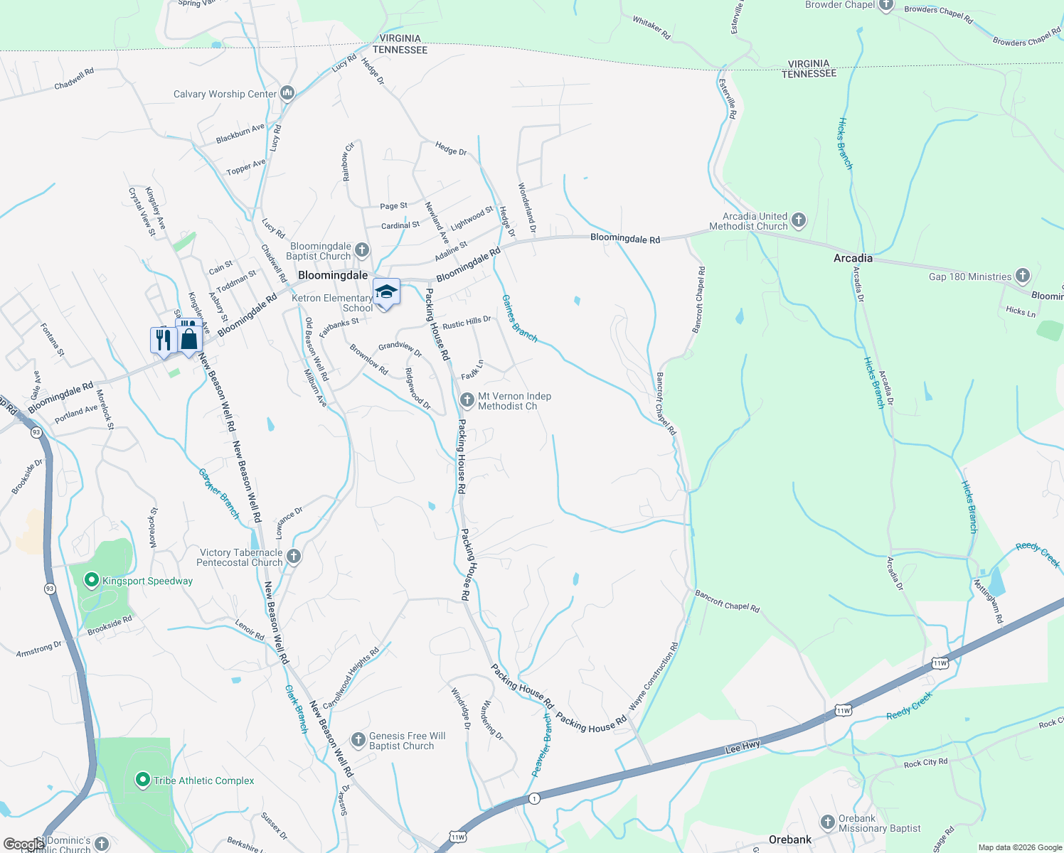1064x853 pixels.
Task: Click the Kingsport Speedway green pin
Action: [x=91, y=581]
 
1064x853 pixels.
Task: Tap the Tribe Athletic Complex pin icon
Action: [x=142, y=780]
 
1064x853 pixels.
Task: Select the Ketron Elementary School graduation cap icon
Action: [x=386, y=292]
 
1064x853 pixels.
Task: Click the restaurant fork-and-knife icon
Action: [x=164, y=340]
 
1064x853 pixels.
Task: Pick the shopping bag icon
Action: [x=189, y=338]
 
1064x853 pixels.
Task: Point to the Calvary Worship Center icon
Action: [x=287, y=93]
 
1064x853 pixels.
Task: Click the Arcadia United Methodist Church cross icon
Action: [x=799, y=220]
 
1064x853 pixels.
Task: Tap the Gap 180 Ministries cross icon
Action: [x=1022, y=276]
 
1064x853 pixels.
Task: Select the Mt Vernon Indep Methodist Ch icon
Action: [x=467, y=400]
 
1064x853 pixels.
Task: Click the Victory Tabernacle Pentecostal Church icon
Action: [x=294, y=557]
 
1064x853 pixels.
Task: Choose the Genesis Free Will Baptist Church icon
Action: [x=358, y=740]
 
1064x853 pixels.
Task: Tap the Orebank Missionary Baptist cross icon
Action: [x=827, y=822]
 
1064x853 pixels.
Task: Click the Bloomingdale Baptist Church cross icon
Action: [x=362, y=250]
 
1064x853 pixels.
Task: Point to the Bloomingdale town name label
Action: [x=333, y=275]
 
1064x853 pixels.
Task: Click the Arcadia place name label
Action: [x=853, y=258]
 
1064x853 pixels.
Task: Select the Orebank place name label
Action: [x=790, y=839]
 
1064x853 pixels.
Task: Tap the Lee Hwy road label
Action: [x=743, y=747]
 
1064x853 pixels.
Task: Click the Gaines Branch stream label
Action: [x=519, y=318]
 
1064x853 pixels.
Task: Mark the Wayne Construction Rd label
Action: [x=654, y=677]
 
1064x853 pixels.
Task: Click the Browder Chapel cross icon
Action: [x=885, y=6]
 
